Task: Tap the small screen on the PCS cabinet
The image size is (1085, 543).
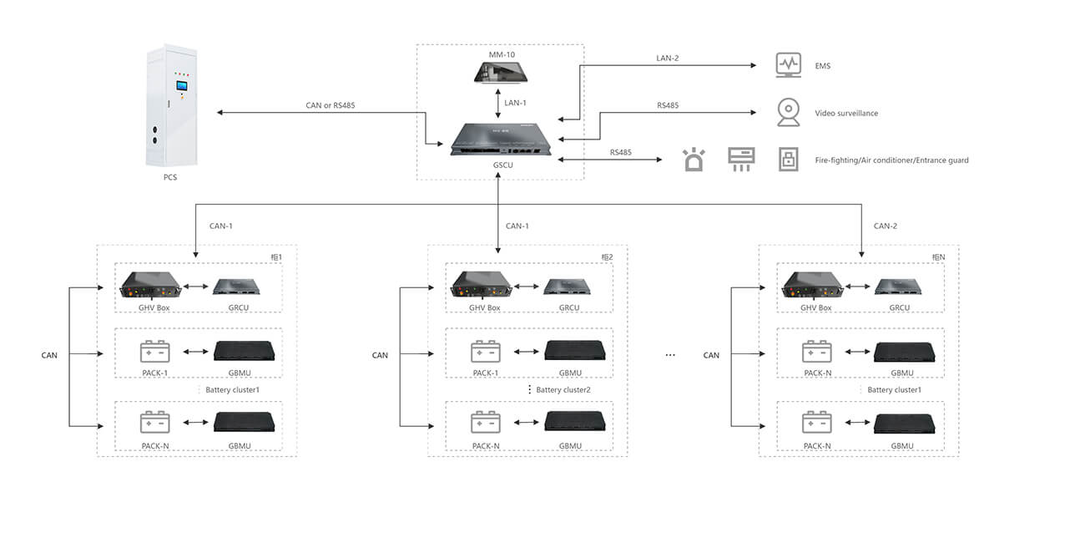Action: tap(181, 85)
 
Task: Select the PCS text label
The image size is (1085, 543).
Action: tap(170, 177)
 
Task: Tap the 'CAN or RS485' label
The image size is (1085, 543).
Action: tap(331, 105)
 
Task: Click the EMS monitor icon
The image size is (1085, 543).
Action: tap(788, 65)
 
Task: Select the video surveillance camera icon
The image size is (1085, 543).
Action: tap(788, 113)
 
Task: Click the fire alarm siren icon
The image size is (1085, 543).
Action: tap(694, 160)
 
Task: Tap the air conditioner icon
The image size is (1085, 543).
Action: tap(741, 159)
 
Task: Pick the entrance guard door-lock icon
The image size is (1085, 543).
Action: tap(789, 160)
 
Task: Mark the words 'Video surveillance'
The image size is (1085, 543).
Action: tap(846, 114)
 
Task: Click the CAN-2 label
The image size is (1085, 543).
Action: tap(885, 226)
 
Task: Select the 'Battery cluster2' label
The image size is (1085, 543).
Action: tap(563, 390)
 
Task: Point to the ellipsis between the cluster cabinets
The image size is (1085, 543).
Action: tap(669, 356)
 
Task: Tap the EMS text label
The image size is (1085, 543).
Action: tap(823, 66)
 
